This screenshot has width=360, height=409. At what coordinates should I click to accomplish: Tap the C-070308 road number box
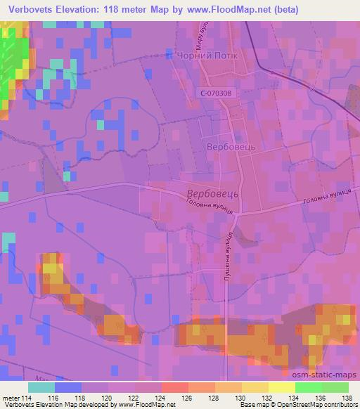tap(214, 93)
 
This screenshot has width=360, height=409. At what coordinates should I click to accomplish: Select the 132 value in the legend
tap(266, 398)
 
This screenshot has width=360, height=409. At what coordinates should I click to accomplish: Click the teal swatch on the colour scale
tap(41, 387)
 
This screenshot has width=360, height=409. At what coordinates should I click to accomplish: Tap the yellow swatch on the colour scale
tap(281, 387)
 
